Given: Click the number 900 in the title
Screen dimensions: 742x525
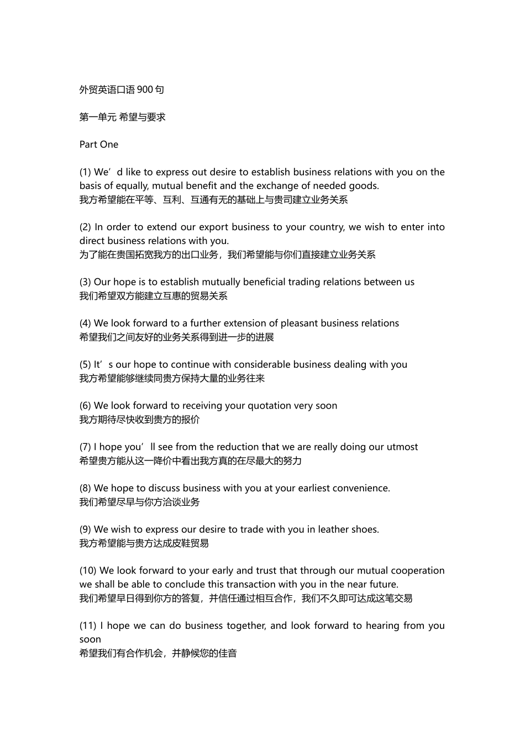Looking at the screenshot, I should [145, 89].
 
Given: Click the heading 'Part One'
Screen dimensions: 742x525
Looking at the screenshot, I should [99, 145].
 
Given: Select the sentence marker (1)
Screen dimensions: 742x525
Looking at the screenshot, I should [85, 172].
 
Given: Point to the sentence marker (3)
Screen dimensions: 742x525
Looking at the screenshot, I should [85, 282].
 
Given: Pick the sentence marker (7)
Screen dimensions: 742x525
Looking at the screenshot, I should [85, 447].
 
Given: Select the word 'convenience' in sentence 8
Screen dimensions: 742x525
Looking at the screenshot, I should [363, 489].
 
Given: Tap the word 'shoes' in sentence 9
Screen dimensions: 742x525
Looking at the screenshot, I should [365, 529].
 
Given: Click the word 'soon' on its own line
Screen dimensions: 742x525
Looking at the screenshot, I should [90, 640].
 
